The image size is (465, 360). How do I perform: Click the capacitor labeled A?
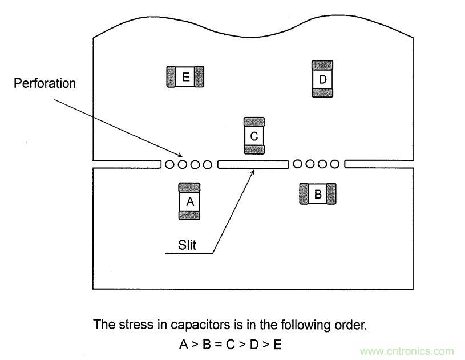pyautogui.click(x=190, y=201)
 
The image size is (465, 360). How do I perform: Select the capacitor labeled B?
pyautogui.click(x=318, y=195)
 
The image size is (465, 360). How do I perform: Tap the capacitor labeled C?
pyautogui.click(x=254, y=136)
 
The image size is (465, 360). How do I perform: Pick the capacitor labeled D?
pyautogui.click(x=322, y=79)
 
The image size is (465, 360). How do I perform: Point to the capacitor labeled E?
pyautogui.click(x=185, y=76)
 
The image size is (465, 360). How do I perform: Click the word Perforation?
pyautogui.click(x=45, y=83)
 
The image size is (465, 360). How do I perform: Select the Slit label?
pyautogui.click(x=187, y=245)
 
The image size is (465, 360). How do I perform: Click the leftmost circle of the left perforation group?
pyautogui.click(x=170, y=165)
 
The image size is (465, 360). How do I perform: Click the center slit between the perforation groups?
pyautogui.click(x=253, y=164)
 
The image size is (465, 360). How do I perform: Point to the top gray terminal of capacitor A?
pyautogui.click(x=190, y=188)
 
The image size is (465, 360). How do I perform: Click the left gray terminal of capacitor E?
pyautogui.click(x=171, y=76)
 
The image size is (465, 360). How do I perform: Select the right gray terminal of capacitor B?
pyautogui.click(x=330, y=195)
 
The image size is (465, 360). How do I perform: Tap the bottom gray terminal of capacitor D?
pyautogui.click(x=322, y=92)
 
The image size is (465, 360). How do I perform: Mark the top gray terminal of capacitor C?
pyautogui.click(x=254, y=122)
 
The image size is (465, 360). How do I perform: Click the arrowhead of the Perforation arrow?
pyautogui.click(x=181, y=155)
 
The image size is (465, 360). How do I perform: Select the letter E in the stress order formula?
pyautogui.click(x=278, y=345)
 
